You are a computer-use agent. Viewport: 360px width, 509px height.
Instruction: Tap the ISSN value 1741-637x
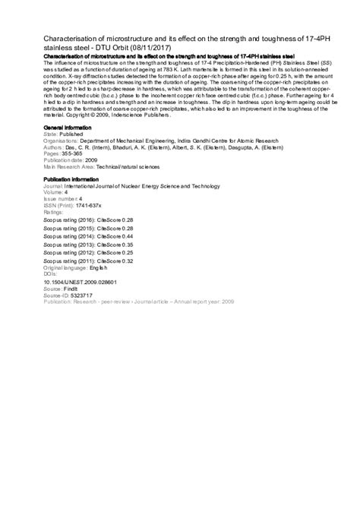(x=92, y=205)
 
